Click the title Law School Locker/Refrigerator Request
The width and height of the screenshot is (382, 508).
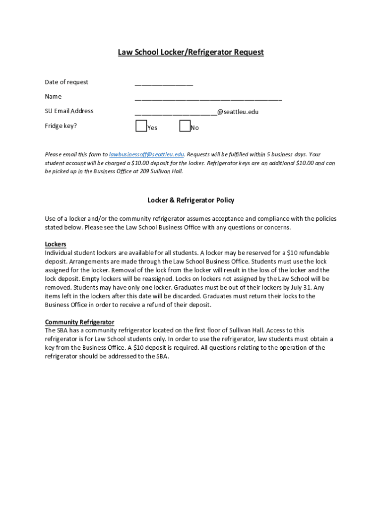coord(191,52)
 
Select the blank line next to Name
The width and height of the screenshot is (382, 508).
coord(208,98)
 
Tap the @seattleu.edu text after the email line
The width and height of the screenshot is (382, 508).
coord(238,112)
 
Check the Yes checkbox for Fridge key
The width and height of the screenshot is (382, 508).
coord(141,127)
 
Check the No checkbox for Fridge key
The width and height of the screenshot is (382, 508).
coord(185,127)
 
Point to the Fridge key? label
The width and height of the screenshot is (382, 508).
coord(61,126)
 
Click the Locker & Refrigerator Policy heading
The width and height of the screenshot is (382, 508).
coord(191,200)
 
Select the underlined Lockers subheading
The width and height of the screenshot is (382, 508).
coord(56,244)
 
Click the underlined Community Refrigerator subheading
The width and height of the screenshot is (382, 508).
coord(79,321)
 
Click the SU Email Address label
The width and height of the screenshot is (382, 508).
coord(69,111)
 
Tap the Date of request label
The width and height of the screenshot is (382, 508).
coord(66,82)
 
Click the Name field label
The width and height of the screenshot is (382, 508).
coord(53,96)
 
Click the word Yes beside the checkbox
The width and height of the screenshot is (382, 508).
coord(152,128)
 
